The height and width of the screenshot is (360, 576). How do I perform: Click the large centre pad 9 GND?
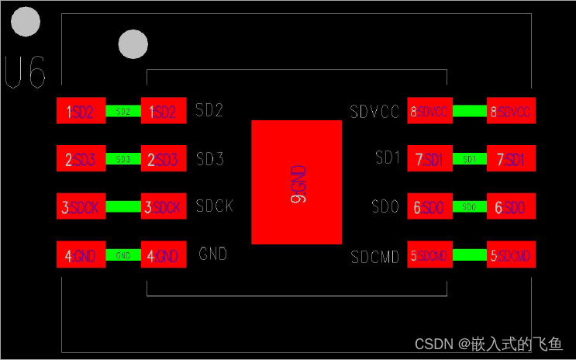point(297,182)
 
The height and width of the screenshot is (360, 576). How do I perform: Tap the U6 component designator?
point(25,72)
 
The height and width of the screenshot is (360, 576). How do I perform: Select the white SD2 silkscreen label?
point(210,110)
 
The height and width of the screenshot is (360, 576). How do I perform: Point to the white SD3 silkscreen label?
point(210,159)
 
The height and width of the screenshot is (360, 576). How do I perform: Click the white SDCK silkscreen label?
point(215,206)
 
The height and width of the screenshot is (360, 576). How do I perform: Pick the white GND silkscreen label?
point(213,254)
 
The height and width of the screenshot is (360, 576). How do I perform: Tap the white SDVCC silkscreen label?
point(374,112)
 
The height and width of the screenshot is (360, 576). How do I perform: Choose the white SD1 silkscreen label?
point(387,158)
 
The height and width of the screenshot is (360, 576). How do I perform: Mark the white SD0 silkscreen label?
point(385,207)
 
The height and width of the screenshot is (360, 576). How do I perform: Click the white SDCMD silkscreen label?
point(374,256)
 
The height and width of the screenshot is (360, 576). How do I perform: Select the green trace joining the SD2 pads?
point(122,112)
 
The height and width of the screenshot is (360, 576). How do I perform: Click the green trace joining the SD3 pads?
point(122,159)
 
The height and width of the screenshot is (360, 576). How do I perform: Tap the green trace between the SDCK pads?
point(122,207)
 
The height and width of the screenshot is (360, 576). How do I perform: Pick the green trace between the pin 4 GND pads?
point(122,255)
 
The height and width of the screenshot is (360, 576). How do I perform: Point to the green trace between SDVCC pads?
point(469,111)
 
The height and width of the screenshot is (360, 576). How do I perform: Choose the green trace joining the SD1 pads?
point(469,159)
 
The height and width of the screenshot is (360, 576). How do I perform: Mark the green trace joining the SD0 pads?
point(469,207)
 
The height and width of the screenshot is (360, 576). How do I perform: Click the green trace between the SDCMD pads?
point(469,254)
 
